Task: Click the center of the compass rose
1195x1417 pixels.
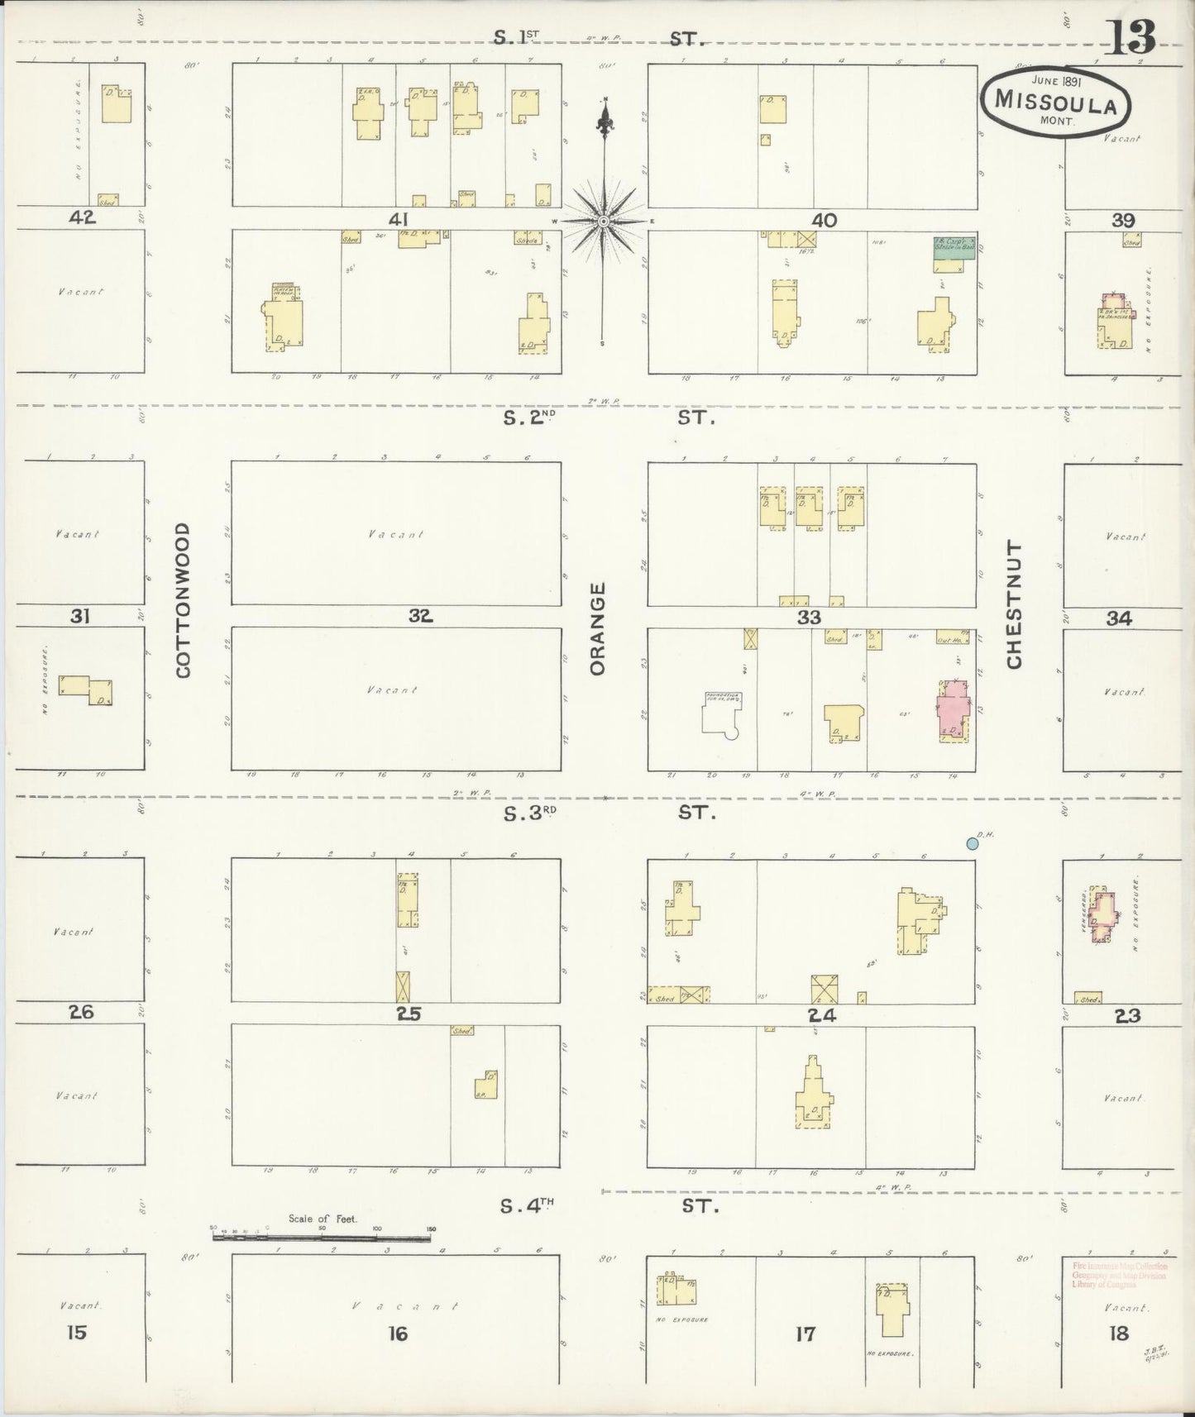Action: pyautogui.click(x=605, y=222)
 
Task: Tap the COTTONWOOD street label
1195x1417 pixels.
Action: pyautogui.click(x=184, y=599)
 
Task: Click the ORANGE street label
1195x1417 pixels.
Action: pyautogui.click(x=598, y=628)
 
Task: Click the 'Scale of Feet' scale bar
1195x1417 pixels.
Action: pyautogui.click(x=323, y=1237)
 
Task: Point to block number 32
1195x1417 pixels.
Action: pyautogui.click(x=420, y=616)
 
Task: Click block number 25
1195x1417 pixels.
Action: pyautogui.click(x=409, y=1014)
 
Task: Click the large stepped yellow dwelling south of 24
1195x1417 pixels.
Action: pyautogui.click(x=811, y=1095)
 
